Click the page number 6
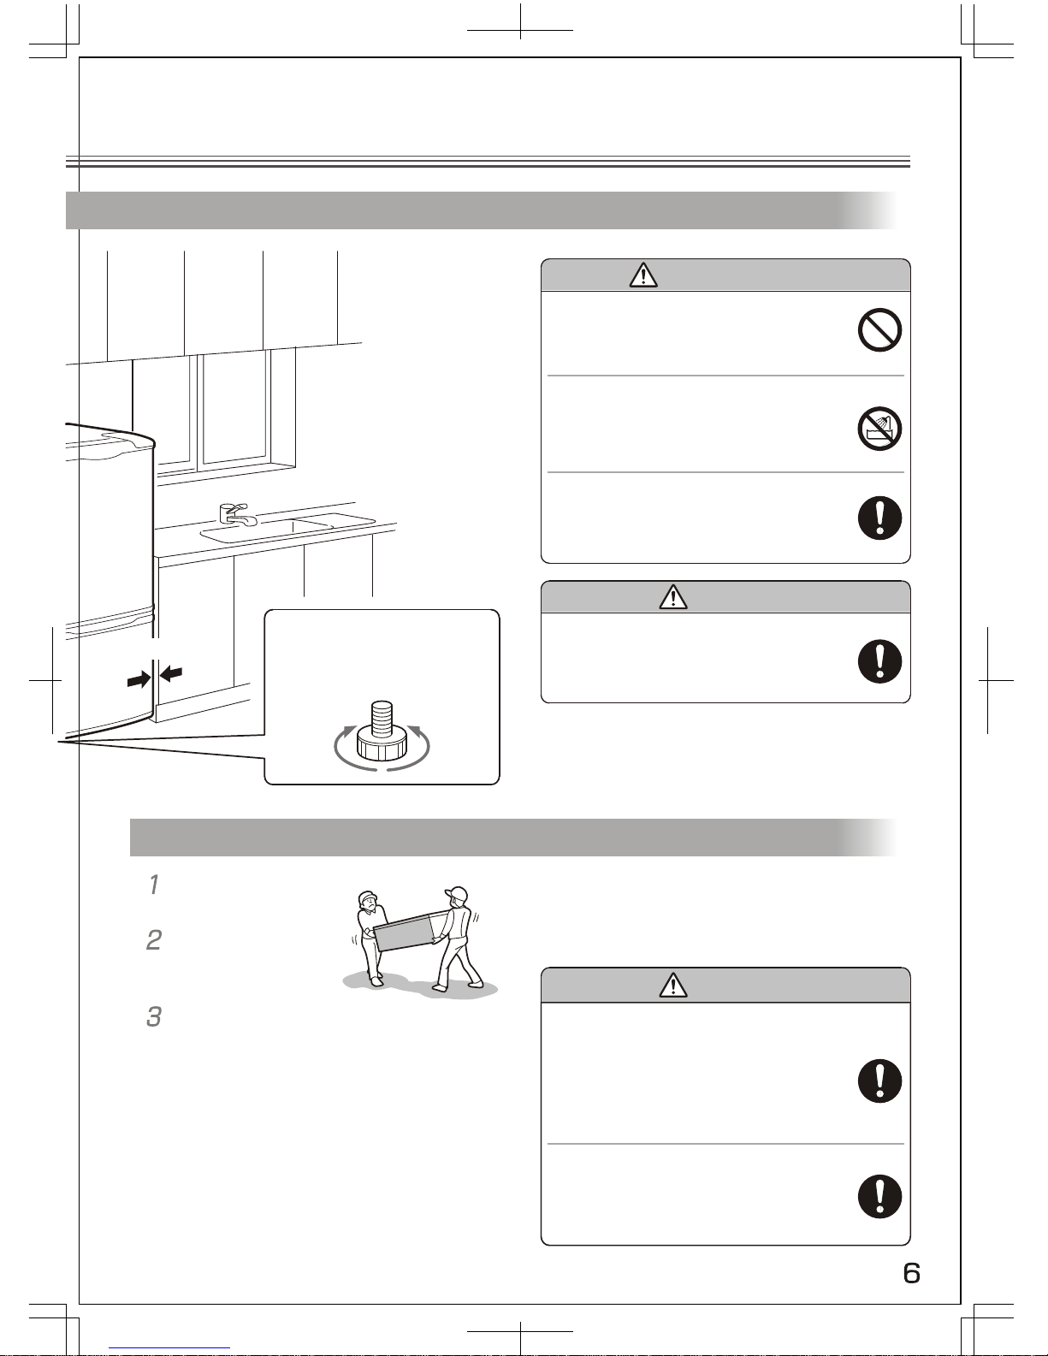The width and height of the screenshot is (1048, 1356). (x=911, y=1273)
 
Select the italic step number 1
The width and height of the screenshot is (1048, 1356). (x=154, y=885)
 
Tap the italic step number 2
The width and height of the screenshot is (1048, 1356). (x=154, y=940)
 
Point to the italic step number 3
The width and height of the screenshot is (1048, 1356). (x=154, y=1016)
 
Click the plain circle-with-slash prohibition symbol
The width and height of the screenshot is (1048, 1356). (x=879, y=329)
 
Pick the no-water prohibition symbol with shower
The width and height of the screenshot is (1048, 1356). (x=879, y=429)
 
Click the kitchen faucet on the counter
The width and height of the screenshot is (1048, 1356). (x=236, y=515)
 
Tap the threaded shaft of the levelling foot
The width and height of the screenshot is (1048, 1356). (x=382, y=718)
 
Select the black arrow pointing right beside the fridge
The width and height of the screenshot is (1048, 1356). (x=139, y=679)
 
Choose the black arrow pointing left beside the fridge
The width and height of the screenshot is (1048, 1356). (x=171, y=673)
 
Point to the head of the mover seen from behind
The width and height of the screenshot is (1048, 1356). (x=457, y=897)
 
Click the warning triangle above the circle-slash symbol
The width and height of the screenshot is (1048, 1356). (x=643, y=275)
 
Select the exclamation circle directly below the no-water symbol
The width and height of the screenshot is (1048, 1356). (x=879, y=518)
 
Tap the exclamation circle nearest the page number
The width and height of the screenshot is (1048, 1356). (x=879, y=1197)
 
